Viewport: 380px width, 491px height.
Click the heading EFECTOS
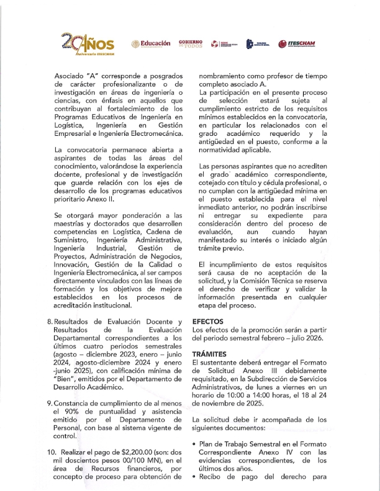click(x=209, y=322)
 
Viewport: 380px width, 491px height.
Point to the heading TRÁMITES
click(x=210, y=353)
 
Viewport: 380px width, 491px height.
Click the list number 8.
click(x=50, y=322)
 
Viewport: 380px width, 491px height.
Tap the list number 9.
click(x=50, y=404)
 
